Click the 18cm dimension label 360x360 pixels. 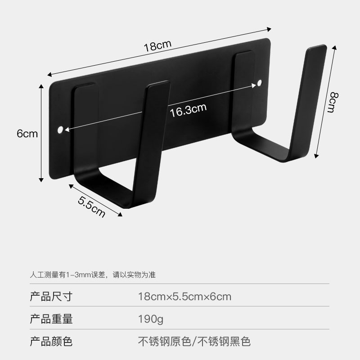pos(158,45)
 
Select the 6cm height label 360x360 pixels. pos(27,134)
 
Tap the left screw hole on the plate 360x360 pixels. pos(60,130)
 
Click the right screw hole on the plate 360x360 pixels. pos(260,83)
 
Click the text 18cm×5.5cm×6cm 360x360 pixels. pos(184,297)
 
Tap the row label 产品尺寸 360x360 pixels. pos(51,297)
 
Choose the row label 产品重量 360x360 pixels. pos(51,319)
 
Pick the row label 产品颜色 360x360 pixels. pos(51,341)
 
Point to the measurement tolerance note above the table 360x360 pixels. pos(92,274)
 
